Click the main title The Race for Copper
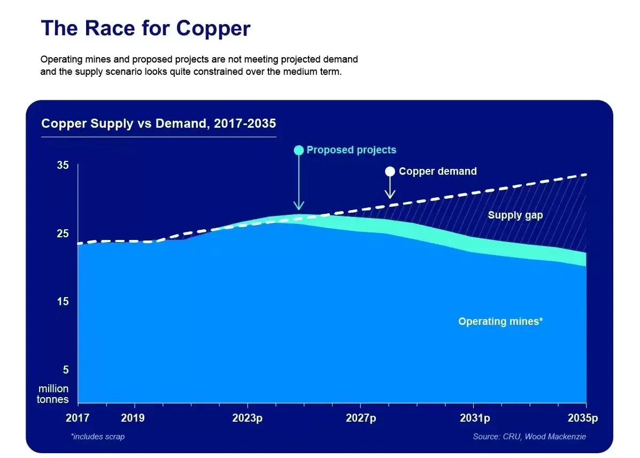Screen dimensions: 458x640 tap(145, 28)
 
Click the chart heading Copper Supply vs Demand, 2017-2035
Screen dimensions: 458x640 tap(159, 124)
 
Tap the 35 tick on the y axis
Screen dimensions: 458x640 tap(63, 166)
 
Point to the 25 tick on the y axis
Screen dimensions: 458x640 tap(63, 234)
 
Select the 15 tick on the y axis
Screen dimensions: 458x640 tap(63, 302)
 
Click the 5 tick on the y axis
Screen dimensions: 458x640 tap(66, 370)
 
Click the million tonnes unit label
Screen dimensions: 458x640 tap(53, 394)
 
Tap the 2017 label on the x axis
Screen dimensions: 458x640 tap(78, 418)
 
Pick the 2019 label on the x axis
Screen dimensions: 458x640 tap(134, 418)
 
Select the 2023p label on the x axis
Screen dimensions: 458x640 tap(247, 418)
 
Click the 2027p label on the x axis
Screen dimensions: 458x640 tap(360, 418)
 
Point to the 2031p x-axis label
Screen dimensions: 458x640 tap(474, 418)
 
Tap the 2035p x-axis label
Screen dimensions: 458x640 tap(583, 418)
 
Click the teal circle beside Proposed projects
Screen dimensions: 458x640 tap(299, 150)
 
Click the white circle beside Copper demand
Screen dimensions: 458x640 tap(390, 172)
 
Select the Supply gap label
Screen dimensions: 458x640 tap(515, 215)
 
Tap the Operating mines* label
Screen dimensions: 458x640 tap(500, 322)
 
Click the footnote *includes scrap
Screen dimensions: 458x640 tap(97, 437)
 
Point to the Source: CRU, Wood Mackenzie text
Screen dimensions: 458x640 tap(529, 437)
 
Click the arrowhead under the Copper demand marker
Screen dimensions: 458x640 tap(390, 195)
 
